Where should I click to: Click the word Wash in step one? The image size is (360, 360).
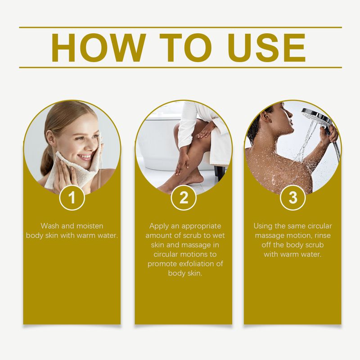tap(50, 226)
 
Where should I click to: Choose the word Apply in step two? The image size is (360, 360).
tap(158, 226)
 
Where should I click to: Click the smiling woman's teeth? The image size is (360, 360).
tap(84, 157)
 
